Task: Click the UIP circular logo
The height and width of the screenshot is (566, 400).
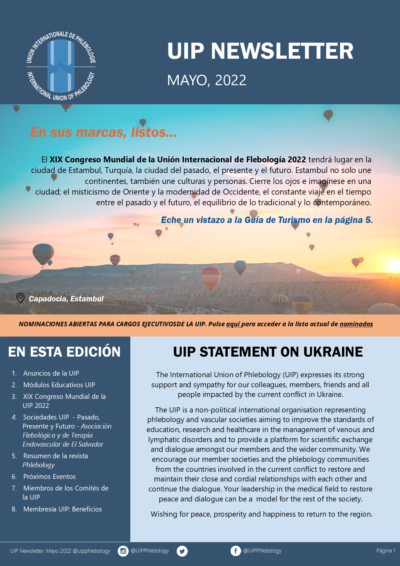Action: coord(61,66)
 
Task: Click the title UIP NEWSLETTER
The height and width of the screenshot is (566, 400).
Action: coord(260,51)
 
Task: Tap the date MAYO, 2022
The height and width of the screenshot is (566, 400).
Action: coord(206,80)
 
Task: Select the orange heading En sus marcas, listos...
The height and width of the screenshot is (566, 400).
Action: coord(104,132)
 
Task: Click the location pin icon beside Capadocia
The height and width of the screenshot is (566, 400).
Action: coord(20,298)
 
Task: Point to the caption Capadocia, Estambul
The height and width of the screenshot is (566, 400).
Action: coord(66,299)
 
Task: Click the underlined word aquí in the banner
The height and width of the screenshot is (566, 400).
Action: coord(233,324)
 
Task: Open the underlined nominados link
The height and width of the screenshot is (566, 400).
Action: coord(356,324)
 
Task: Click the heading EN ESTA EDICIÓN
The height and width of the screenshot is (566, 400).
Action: coord(64,352)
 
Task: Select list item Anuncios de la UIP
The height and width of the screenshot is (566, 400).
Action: coord(51,373)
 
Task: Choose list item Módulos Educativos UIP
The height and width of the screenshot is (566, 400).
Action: coord(59,385)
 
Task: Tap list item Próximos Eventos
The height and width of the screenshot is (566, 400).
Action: coord(49,477)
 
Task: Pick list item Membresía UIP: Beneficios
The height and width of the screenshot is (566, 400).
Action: coord(63,509)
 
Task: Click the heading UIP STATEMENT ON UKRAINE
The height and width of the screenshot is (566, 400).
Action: coord(268,352)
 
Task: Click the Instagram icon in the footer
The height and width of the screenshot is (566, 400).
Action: coord(123,551)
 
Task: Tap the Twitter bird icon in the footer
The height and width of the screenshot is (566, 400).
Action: coord(182,551)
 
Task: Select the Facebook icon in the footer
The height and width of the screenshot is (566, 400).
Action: coord(235,551)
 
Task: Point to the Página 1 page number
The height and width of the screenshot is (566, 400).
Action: coord(385,551)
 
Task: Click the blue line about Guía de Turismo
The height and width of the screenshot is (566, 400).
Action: coord(267,220)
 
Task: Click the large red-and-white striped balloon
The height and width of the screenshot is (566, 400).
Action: coord(211,278)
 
